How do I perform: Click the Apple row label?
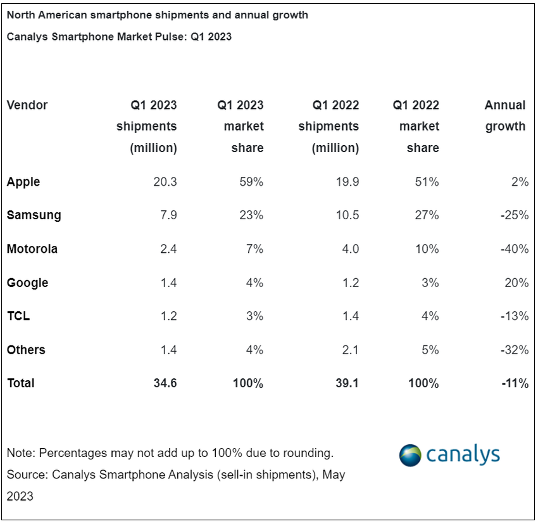click(x=23, y=182)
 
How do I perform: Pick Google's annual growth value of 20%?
click(x=516, y=283)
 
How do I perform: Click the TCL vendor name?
click(x=18, y=316)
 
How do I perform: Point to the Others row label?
click(x=26, y=350)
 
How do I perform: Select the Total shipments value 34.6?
click(x=165, y=383)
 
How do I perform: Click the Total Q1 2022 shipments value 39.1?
click(x=347, y=383)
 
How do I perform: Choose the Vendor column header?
click(x=27, y=105)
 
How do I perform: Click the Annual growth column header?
click(x=505, y=116)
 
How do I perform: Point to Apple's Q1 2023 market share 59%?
click(x=251, y=182)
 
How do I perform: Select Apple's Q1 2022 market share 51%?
click(x=427, y=182)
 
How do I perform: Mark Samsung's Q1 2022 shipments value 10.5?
click(x=347, y=215)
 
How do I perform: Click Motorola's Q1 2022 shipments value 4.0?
click(x=349, y=249)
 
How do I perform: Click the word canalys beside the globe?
click(x=463, y=454)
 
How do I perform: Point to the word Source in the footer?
click(x=26, y=474)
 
